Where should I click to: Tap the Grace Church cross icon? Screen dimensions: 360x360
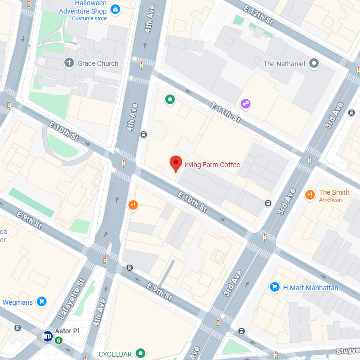[69, 63]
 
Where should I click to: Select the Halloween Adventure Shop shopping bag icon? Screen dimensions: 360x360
[115, 9]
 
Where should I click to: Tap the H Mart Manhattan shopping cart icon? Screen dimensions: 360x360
[275, 287]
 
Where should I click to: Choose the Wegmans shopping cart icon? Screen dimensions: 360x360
[41, 302]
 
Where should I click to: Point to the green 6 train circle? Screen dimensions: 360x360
[59, 340]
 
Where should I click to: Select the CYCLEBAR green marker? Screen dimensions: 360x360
[141, 354]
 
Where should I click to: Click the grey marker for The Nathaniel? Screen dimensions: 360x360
[314, 63]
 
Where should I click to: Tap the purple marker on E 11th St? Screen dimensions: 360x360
[246, 103]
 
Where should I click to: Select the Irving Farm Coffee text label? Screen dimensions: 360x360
[212, 165]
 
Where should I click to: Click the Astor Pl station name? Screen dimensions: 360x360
[67, 331]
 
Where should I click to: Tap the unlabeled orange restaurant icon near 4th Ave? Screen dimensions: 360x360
[133, 205]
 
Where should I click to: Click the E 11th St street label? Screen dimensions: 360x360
[226, 112]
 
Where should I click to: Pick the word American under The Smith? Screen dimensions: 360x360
[330, 200]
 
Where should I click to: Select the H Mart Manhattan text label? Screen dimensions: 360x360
[311, 288]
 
